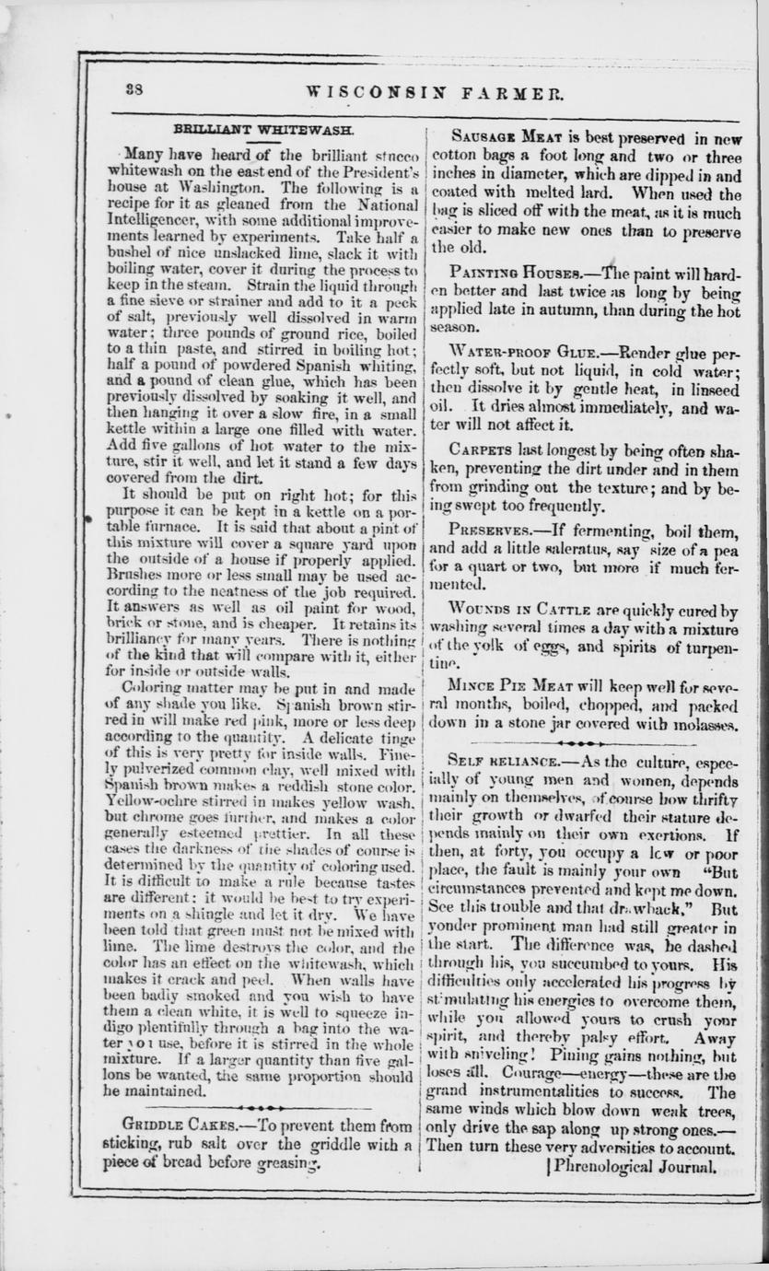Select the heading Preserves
(x=489, y=530)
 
